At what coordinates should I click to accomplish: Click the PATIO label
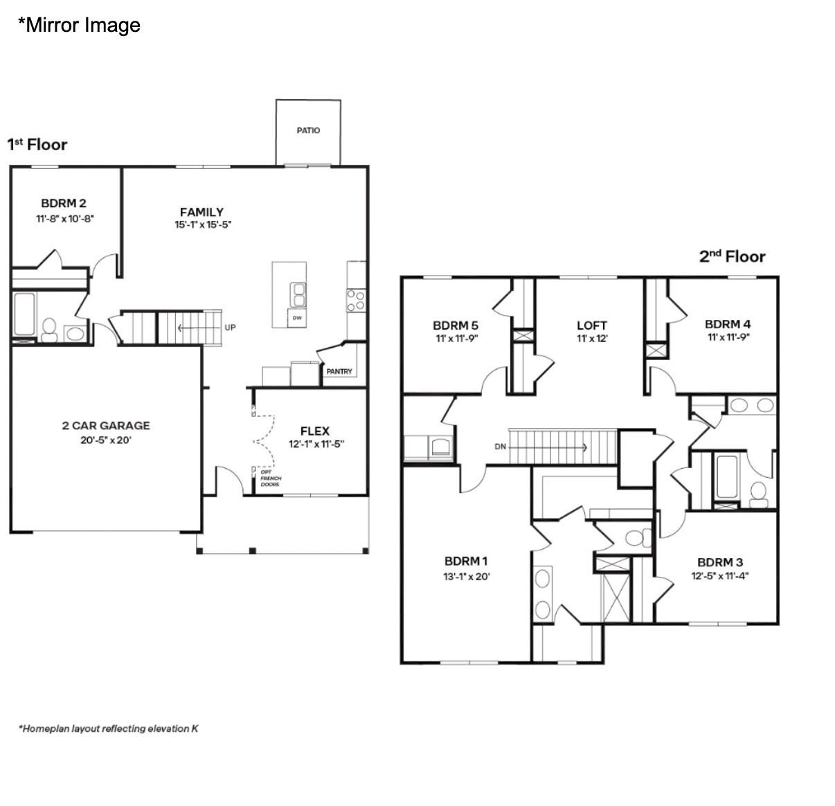pyautogui.click(x=308, y=130)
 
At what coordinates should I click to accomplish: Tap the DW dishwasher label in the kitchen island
pyautogui.click(x=297, y=319)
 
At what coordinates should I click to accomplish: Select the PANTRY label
pyautogui.click(x=339, y=372)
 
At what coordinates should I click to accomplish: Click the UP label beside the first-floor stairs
pyautogui.click(x=230, y=328)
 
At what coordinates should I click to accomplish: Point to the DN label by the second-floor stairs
pyautogui.click(x=501, y=447)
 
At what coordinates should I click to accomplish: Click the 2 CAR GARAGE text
pyautogui.click(x=106, y=426)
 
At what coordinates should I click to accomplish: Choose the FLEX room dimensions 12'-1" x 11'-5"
pyautogui.click(x=316, y=445)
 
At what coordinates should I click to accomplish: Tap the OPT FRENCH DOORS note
pyautogui.click(x=271, y=478)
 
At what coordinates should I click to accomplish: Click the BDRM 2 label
pyautogui.click(x=64, y=203)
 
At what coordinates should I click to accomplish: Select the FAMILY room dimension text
pyautogui.click(x=202, y=225)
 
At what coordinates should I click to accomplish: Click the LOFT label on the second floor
pyautogui.click(x=591, y=325)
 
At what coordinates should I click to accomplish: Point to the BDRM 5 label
pyautogui.click(x=455, y=325)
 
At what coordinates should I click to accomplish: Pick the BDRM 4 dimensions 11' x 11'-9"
pyautogui.click(x=728, y=337)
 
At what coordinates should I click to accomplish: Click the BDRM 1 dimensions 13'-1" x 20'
pyautogui.click(x=467, y=576)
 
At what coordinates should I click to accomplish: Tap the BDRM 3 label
pyautogui.click(x=720, y=562)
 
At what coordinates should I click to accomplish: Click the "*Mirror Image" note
pyautogui.click(x=79, y=25)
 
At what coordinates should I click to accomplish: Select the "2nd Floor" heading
pyautogui.click(x=732, y=256)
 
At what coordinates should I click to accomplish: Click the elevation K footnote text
pyautogui.click(x=109, y=728)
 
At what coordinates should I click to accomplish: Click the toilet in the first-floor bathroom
pyautogui.click(x=49, y=330)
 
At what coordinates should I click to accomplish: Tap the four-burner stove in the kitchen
pyautogui.click(x=356, y=300)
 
